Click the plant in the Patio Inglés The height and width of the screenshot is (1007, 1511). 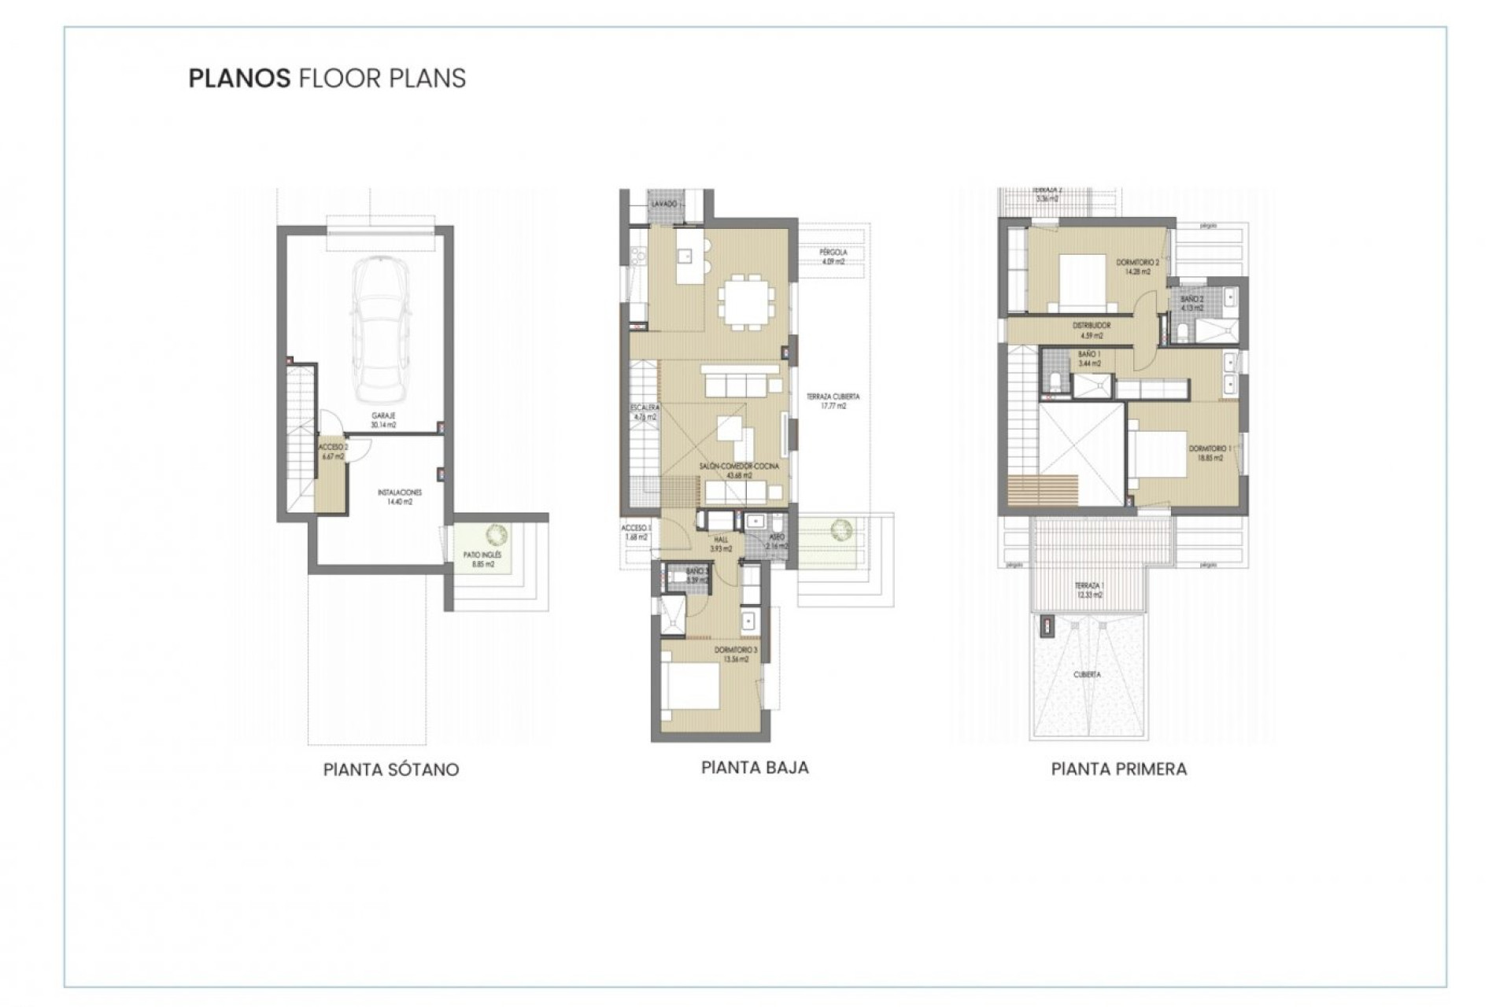[x=497, y=536]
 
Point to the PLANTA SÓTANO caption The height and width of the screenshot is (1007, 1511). [x=390, y=769]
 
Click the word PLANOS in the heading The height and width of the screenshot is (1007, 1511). [x=240, y=79]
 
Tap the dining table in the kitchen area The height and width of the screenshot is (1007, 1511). [x=745, y=300]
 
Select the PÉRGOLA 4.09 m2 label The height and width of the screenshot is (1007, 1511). [x=833, y=256]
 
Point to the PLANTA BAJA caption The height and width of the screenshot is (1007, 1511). [x=754, y=767]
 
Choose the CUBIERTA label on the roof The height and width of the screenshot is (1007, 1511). [x=1087, y=675]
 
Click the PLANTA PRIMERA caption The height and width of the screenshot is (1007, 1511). [x=1118, y=769]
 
